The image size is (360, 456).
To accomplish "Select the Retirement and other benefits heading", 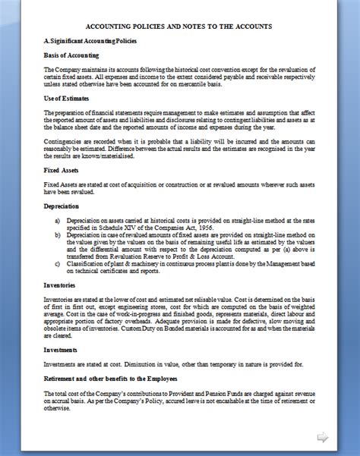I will tap(110, 378).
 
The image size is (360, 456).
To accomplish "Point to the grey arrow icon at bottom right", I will tap(323, 436).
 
